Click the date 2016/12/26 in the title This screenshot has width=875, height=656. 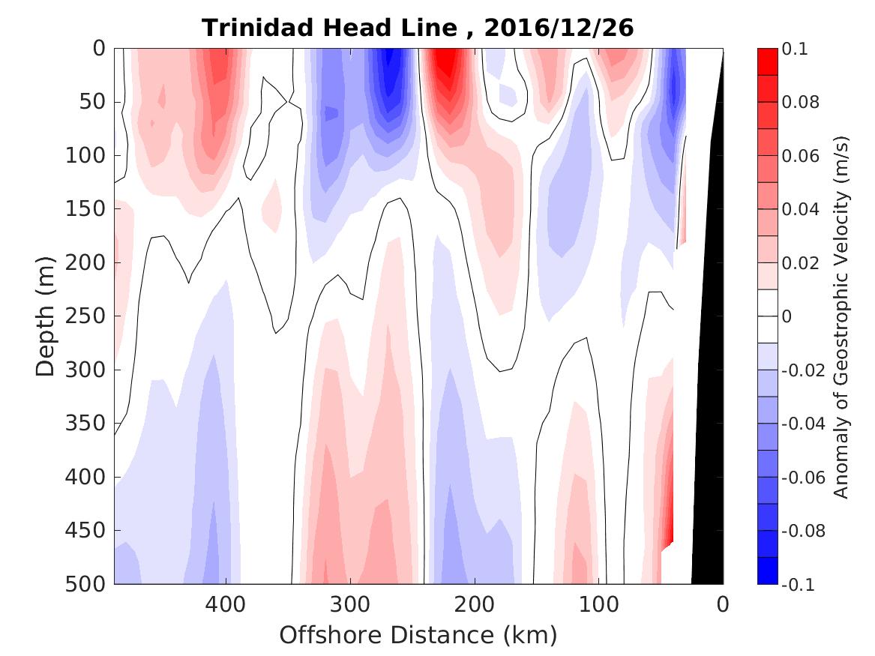click(559, 28)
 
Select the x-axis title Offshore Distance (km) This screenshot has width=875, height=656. click(418, 635)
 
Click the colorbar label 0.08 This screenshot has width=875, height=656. click(802, 103)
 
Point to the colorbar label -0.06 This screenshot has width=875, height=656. click(804, 478)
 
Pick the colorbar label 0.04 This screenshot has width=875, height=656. click(802, 210)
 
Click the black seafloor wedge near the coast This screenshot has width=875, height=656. click(709, 450)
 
